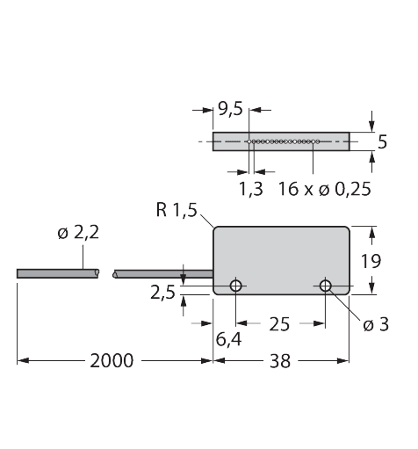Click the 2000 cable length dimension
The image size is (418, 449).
click(x=112, y=361)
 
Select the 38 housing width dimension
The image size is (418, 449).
click(x=280, y=361)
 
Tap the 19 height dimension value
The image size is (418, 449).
click(x=371, y=261)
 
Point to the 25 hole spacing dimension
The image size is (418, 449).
click(x=279, y=324)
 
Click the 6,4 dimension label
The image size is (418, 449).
click(x=228, y=340)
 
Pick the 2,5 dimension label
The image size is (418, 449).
click(x=162, y=293)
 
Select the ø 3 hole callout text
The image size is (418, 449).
click(x=376, y=324)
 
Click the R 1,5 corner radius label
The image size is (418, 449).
click(x=177, y=210)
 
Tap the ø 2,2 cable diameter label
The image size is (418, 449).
click(x=78, y=233)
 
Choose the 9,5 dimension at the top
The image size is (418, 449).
click(x=231, y=109)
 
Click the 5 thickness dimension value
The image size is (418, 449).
click(x=382, y=142)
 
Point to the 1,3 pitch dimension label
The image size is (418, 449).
click(x=251, y=189)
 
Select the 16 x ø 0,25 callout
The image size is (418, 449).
click(x=325, y=189)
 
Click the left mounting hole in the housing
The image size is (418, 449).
click(x=236, y=286)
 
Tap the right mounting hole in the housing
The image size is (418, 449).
click(x=325, y=286)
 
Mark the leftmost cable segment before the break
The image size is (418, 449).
click(x=58, y=273)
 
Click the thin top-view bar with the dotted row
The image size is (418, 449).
click(x=281, y=141)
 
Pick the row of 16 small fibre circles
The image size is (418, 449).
click(x=284, y=141)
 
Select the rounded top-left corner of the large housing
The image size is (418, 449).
click(x=215, y=228)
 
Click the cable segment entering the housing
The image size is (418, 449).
click(x=163, y=274)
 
